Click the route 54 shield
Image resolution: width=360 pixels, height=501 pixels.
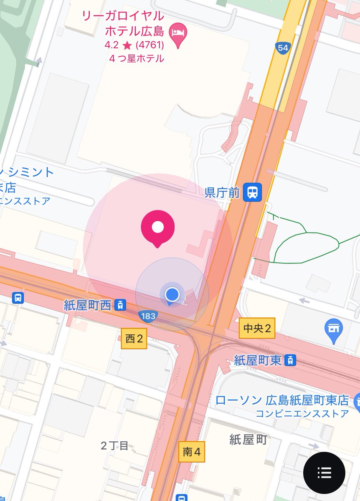[283, 48]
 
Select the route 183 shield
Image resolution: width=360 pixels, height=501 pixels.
[149, 316]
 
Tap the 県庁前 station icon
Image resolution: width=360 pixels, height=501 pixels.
[253, 192]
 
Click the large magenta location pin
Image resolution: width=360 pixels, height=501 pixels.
[157, 227]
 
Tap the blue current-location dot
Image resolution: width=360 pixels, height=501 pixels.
[172, 294]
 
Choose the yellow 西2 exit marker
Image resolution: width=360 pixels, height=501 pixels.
[134, 339]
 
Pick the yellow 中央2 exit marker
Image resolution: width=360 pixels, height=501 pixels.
[257, 329]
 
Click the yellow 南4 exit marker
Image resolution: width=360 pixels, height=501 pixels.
[192, 452]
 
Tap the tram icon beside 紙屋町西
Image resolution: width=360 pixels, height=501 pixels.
[120, 305]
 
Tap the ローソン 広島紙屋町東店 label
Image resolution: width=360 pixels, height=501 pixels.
[282, 400]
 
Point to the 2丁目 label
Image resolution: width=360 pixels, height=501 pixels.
[114, 445]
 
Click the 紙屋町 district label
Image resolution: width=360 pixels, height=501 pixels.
[248, 439]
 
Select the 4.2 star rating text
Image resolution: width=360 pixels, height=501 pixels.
[134, 45]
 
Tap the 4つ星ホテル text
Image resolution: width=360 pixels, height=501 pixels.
[137, 58]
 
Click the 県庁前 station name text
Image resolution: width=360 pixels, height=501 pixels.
[222, 193]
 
